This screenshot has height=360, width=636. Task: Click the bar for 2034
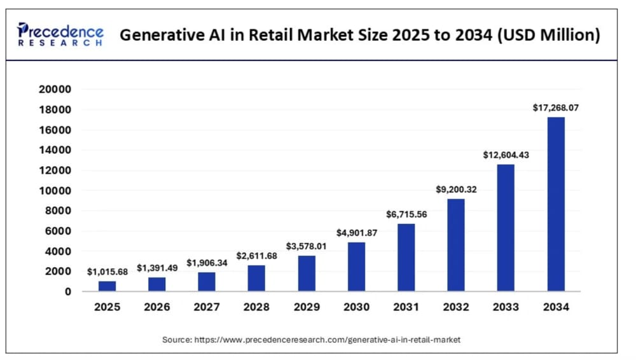coord(555,204)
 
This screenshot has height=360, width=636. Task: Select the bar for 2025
coord(107,286)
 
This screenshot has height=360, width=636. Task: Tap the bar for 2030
coord(356,267)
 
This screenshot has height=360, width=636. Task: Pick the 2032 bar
coord(456,245)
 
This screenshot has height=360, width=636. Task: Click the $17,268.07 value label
coord(555,109)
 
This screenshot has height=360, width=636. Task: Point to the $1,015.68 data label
coord(107,272)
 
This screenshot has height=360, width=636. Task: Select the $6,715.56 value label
coord(406,214)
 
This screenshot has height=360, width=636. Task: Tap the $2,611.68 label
coord(257,256)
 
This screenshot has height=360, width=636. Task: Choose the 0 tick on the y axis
coord(67,292)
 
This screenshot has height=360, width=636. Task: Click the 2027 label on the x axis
coord(207,307)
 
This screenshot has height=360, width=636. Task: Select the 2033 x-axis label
coord(506,307)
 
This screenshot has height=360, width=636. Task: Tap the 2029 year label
coord(307,307)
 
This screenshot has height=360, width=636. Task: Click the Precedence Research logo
coord(60,34)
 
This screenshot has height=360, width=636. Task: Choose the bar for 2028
coord(257,278)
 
